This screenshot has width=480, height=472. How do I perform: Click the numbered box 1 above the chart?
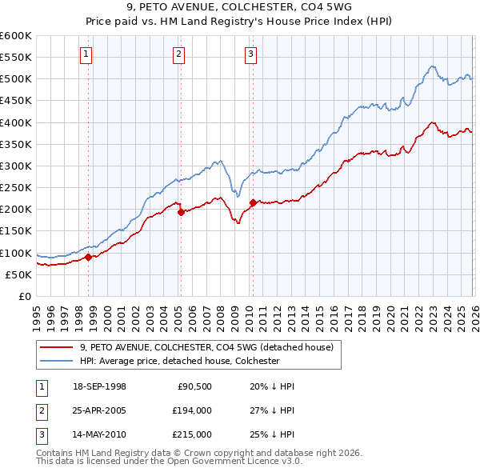86,54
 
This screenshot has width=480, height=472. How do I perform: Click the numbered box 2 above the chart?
178,54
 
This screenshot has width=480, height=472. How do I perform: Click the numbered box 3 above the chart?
250,54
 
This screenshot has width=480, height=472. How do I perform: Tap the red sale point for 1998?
89,257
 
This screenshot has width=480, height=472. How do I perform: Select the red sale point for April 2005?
181,212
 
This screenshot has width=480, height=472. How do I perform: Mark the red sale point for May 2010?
253,202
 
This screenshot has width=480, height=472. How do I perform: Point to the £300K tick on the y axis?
16,166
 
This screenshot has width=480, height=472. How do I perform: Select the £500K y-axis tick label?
16,79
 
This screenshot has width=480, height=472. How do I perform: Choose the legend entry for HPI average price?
179,361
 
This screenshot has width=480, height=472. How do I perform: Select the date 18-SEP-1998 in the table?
99,386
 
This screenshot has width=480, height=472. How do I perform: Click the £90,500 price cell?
193,386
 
